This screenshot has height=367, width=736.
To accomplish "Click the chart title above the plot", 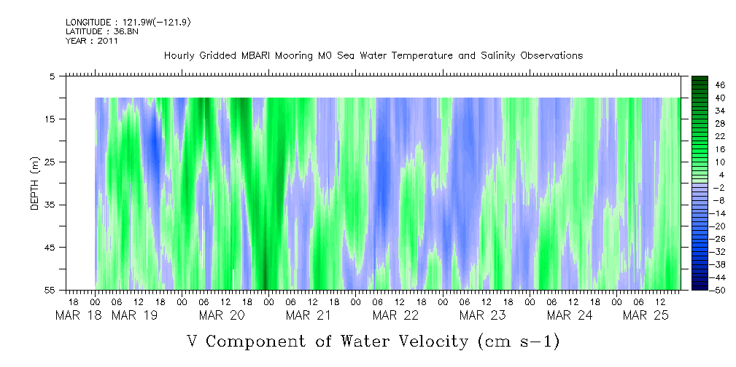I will click(373, 56).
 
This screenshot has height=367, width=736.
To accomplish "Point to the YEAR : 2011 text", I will click(92, 41).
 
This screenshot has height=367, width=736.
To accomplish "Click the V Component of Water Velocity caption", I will click(373, 341).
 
